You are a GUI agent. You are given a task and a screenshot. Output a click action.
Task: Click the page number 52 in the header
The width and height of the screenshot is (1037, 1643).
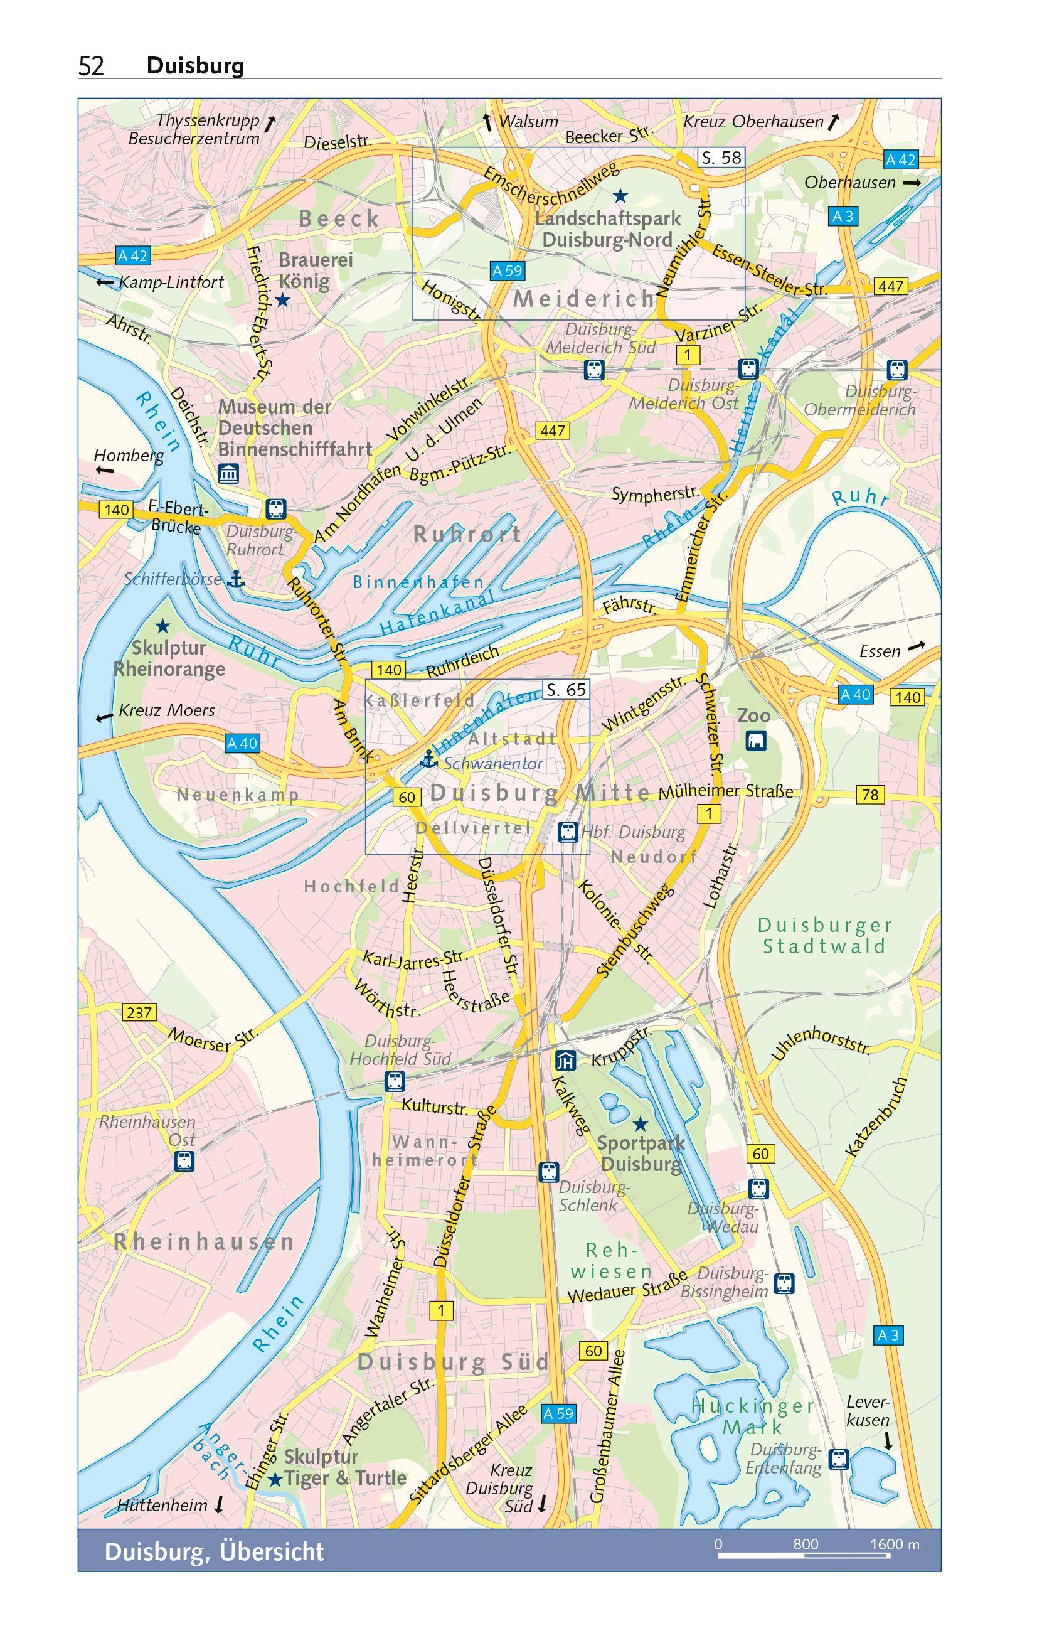tap(92, 66)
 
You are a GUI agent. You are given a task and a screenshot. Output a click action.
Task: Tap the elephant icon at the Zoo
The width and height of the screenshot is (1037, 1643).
tap(755, 741)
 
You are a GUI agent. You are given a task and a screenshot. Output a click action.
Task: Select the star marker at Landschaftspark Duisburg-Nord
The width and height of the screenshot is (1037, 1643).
tap(619, 196)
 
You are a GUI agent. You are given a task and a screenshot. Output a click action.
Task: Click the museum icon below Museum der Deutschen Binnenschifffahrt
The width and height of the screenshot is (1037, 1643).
tap(228, 474)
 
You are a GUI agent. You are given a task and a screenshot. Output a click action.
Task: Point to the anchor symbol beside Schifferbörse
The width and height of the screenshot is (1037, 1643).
tap(235, 580)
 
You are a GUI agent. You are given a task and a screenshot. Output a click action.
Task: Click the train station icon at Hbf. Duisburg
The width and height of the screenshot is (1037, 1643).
tap(568, 832)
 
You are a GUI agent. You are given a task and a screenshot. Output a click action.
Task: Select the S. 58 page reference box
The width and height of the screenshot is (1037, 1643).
tap(721, 158)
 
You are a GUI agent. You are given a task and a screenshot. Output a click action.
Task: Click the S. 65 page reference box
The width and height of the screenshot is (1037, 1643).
tap(566, 690)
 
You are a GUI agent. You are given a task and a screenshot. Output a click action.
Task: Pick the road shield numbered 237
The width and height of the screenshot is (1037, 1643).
tap(139, 1012)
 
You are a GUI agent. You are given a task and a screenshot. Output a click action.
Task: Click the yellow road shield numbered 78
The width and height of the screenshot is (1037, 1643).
tap(870, 795)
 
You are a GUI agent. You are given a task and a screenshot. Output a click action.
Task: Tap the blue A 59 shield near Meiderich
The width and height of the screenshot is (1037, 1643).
tap(507, 271)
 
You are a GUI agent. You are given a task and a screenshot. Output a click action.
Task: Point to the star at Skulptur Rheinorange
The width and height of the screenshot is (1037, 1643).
tap(162, 626)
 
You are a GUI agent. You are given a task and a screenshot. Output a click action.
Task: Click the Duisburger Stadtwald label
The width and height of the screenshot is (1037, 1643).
tap(824, 936)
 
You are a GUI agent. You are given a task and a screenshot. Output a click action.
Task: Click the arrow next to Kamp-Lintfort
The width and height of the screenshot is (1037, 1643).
tap(104, 282)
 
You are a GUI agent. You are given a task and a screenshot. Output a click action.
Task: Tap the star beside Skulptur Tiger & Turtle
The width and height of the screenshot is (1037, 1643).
tap(275, 1480)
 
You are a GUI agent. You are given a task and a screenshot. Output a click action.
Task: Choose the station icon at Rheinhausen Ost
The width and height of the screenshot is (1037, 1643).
tap(184, 1160)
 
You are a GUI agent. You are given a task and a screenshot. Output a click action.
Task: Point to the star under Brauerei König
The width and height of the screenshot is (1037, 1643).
tap(282, 300)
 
